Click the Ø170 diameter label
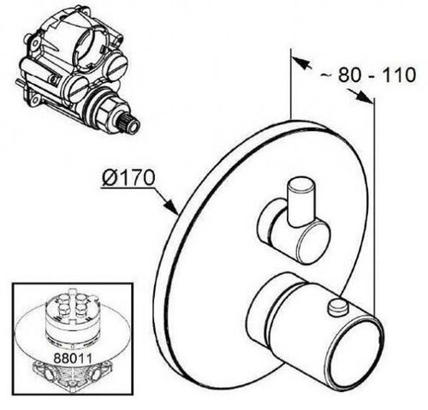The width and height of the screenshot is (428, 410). click(128, 178)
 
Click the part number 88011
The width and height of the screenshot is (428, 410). click(73, 358)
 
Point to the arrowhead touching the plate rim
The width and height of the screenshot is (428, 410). click(172, 206)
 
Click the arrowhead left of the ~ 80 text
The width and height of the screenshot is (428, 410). click(300, 62)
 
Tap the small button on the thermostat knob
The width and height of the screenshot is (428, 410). click(337, 306)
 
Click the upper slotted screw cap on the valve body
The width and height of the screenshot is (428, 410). click(115, 67)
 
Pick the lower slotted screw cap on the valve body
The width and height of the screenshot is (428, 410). click(78, 89)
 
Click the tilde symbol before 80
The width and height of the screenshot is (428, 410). click(325, 75)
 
